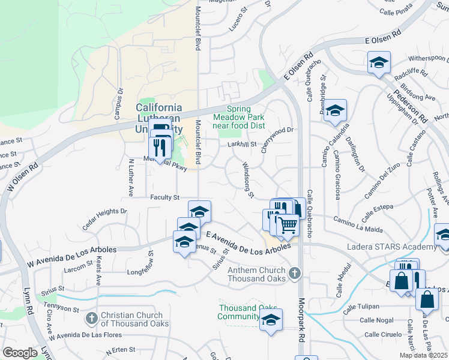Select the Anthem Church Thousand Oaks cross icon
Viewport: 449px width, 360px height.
coord(294,274)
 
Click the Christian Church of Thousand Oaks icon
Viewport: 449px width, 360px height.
coord(91,317)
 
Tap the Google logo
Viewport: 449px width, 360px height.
coord(20,353)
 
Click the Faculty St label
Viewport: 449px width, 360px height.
coord(165,197)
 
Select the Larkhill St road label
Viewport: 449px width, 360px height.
coord(242,145)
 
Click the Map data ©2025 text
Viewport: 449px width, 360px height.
coord(423,355)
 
